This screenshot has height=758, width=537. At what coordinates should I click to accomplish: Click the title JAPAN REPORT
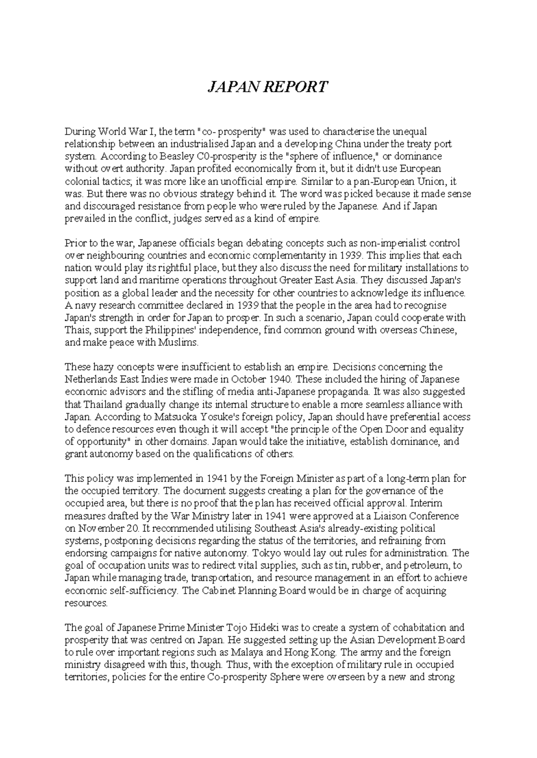pos(268,87)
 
